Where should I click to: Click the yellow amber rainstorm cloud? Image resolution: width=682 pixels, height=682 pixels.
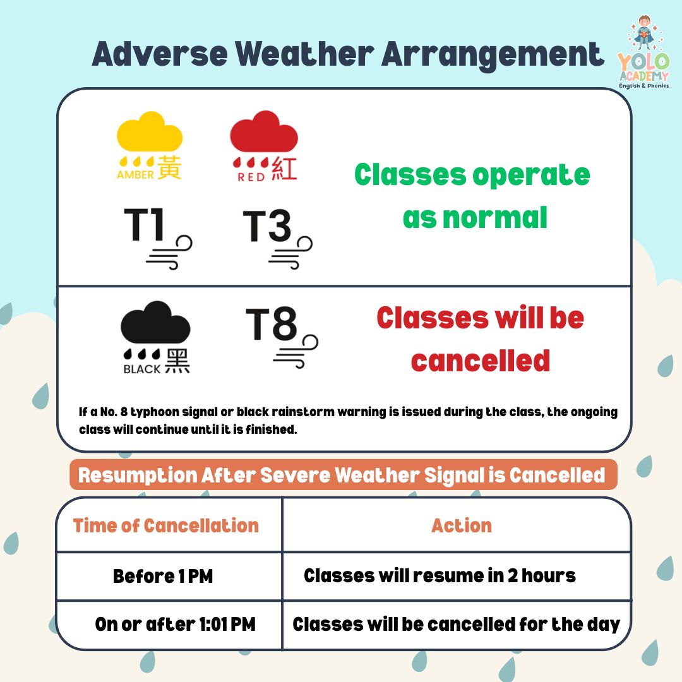tap(150, 132)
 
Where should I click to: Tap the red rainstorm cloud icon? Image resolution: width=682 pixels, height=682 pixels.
tap(264, 131)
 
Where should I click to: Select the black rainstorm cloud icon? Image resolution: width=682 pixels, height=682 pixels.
tap(155, 322)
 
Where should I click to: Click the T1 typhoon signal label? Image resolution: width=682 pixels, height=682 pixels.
tap(144, 224)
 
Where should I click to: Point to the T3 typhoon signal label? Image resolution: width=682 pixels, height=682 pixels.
tap(266, 225)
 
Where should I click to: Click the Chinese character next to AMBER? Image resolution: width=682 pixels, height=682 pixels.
tap(169, 167)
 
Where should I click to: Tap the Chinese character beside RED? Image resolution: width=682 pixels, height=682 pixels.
tap(284, 169)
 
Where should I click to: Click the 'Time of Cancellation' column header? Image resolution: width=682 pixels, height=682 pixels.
tap(165, 525)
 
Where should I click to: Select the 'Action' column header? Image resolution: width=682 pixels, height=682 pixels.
tap(462, 525)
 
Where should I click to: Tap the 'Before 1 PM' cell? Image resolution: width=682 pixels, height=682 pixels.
tap(163, 577)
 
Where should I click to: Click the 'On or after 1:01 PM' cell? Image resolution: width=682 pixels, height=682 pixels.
tap(175, 624)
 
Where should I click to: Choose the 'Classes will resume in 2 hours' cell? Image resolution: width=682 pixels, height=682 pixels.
tap(440, 575)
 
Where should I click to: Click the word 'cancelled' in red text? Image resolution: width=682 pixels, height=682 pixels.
tap(481, 361)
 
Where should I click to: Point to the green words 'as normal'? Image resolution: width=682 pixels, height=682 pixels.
tap(475, 217)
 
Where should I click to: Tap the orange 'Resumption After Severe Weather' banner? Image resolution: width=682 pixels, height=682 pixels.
tap(343, 474)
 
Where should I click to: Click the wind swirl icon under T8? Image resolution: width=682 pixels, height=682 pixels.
tap(296, 352)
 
